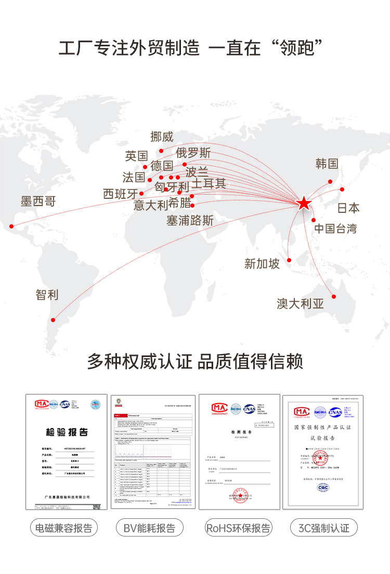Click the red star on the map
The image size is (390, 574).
304,203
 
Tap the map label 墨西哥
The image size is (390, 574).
38,201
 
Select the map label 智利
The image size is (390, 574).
47,295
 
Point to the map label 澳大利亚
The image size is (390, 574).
300,303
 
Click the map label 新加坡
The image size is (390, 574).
262,263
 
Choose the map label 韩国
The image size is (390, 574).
327,164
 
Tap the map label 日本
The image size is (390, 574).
348,208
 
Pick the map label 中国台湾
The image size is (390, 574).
335,228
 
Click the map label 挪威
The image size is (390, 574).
162,137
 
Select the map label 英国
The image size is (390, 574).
136,156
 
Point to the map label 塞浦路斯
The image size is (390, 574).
190,220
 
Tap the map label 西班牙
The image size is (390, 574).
121,194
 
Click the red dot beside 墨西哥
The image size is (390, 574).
11,226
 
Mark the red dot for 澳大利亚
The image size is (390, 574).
334,297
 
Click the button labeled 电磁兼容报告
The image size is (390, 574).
64,528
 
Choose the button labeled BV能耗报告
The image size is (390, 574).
149,528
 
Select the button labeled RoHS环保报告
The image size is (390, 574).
238,528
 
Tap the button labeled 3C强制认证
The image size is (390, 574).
324,528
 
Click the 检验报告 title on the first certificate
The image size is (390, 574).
67,432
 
